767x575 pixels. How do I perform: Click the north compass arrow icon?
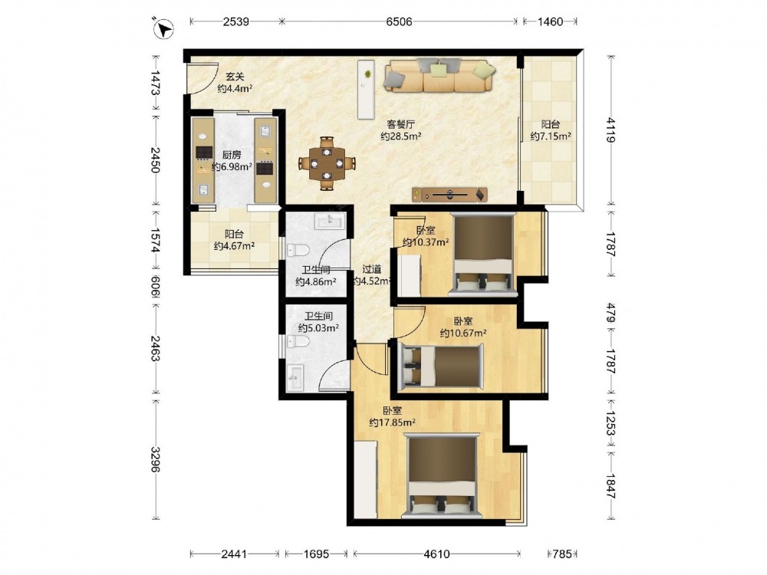[164, 28]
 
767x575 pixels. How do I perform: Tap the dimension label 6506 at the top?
[399, 21]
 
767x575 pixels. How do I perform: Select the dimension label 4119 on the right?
[611, 130]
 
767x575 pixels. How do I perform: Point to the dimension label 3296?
[155, 459]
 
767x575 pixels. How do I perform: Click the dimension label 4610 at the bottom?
[437, 554]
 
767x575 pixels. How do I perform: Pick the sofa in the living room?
[439, 75]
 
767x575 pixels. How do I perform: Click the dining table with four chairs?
[327, 163]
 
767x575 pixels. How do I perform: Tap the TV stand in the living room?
[449, 195]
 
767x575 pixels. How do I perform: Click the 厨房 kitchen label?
[232, 155]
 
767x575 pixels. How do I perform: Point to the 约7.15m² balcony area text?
[550, 136]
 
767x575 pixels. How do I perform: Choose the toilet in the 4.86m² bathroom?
[298, 251]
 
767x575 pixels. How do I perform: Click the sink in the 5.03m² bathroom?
[295, 378]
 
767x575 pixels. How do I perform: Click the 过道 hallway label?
[372, 269]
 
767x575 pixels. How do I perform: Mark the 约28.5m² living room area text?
[401, 136]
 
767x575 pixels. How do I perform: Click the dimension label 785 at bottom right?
[562, 554]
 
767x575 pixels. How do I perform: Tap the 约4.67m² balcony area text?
[234, 246]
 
